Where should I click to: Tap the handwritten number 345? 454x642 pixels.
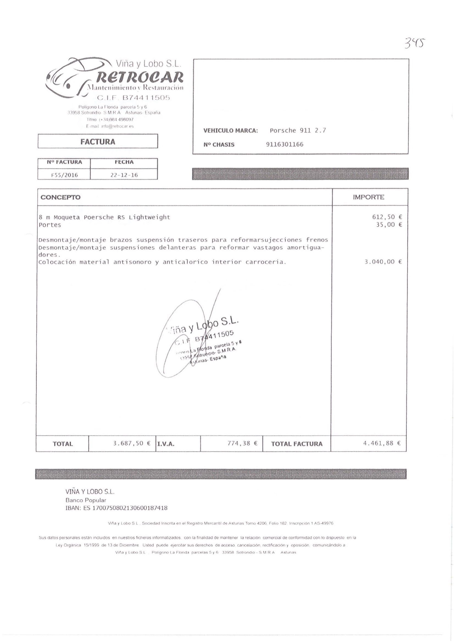pos(415,44)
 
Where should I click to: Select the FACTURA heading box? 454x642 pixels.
pos(98,141)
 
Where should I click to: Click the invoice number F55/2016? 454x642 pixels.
pos(64,175)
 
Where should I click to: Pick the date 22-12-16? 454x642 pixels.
pos(124,175)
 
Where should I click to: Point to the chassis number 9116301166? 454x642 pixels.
pos(285,144)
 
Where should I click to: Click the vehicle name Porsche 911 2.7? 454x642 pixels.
pos(298,130)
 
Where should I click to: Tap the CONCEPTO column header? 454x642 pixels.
pos(60,197)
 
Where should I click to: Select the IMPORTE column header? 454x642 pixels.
pos(368,197)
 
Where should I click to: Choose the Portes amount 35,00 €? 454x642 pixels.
pos(389,225)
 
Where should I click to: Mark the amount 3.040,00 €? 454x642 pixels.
pos(383,262)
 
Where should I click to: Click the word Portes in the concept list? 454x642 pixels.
pos(50,225)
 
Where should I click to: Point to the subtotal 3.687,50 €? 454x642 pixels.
pos(132,443)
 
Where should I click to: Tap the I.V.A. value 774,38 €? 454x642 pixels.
pos(242,443)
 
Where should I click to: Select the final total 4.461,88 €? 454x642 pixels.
pos(382,443)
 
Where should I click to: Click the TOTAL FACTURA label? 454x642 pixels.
pos(297,444)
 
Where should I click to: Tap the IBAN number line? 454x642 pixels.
pos(116,508)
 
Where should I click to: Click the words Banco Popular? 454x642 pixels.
pos(86,500)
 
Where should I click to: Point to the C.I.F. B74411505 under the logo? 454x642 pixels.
pos(133,98)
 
